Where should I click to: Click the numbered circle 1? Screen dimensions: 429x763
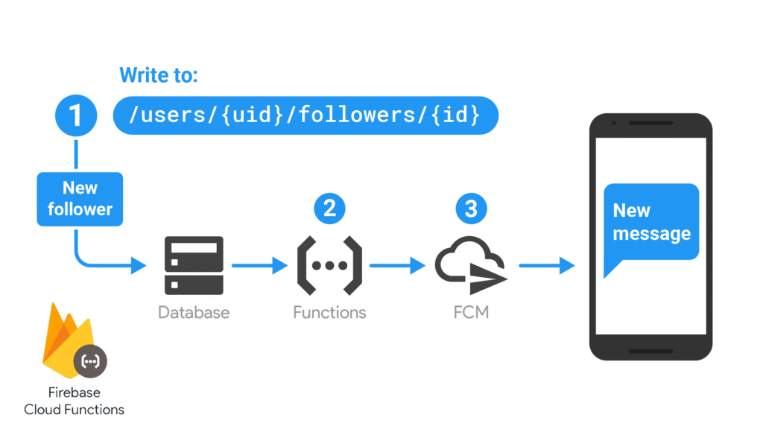point(76,115)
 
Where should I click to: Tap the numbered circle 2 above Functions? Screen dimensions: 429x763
point(329,208)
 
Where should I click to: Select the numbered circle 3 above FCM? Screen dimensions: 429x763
point(470,208)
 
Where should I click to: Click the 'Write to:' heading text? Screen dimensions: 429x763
point(159,75)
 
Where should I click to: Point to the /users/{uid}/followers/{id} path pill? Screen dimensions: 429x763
point(305,115)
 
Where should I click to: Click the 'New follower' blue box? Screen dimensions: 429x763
point(80,199)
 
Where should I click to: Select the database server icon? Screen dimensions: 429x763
point(194,265)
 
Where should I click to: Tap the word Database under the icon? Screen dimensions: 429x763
point(194,312)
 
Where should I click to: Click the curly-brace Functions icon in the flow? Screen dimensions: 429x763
point(329,265)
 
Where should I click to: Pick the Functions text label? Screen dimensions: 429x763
point(329,312)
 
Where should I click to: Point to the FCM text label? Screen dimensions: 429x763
point(471,312)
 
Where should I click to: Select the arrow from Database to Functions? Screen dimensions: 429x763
point(259,264)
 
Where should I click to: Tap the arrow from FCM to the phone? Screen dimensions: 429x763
point(546,264)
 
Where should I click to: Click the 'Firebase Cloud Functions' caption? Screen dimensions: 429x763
point(74,401)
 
